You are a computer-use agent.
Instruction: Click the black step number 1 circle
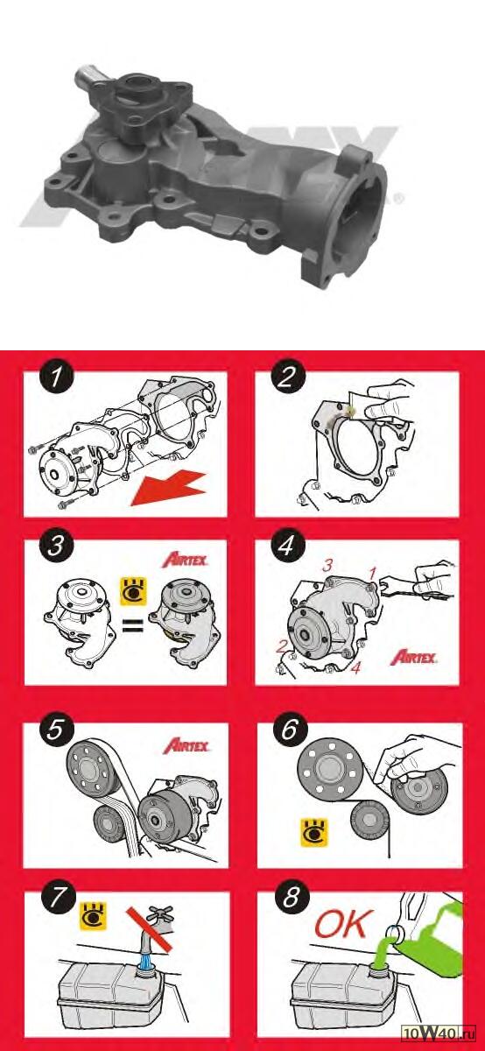[56, 377]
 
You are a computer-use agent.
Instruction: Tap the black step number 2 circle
[287, 377]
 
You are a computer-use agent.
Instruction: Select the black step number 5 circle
[55, 729]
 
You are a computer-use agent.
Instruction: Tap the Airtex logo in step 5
[186, 745]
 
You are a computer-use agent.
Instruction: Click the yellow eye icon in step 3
[134, 591]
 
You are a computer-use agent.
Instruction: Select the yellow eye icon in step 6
[314, 833]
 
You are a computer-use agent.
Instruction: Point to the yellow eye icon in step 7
[94, 915]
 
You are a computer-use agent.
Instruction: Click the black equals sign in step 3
[133, 626]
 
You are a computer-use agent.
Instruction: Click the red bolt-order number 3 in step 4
[327, 566]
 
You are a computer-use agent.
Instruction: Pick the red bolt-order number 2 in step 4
[281, 647]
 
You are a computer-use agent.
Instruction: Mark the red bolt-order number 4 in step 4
[356, 667]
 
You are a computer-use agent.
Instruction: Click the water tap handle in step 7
[160, 913]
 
